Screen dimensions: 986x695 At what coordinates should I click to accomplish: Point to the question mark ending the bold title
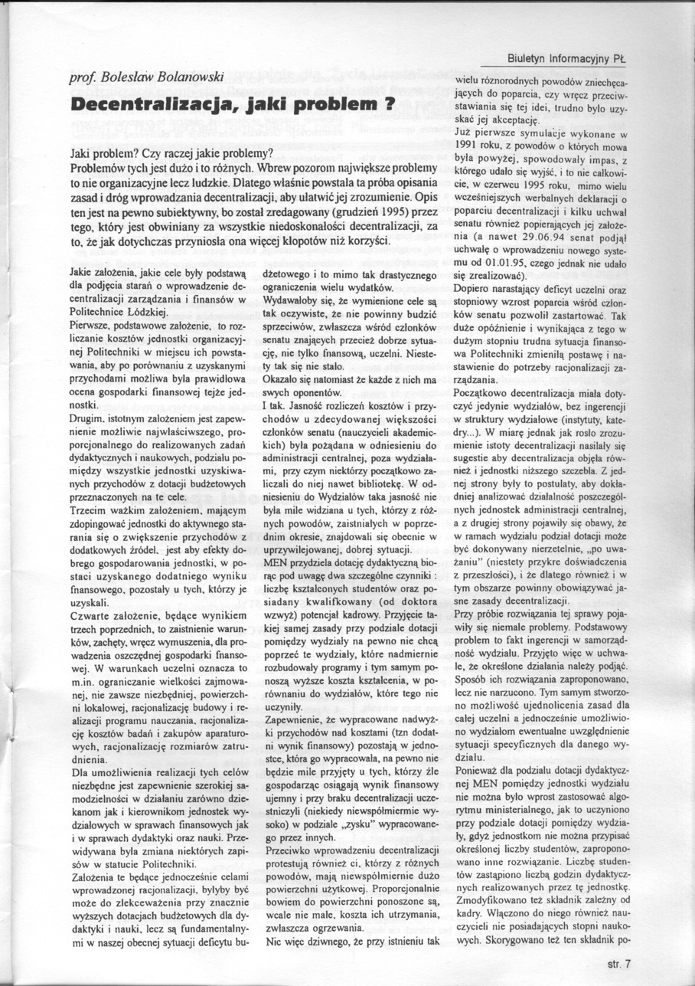point(388,104)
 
